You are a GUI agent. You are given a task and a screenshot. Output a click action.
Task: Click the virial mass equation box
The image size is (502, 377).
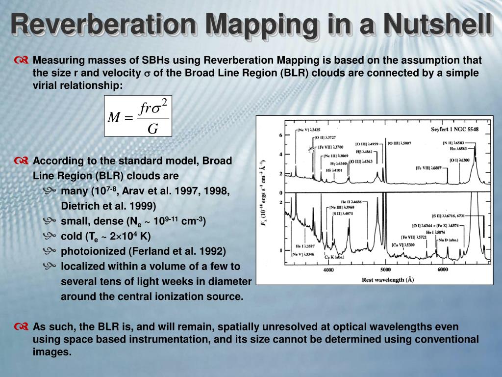[138, 116]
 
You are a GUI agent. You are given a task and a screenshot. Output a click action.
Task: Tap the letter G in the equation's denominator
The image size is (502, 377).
[153, 129]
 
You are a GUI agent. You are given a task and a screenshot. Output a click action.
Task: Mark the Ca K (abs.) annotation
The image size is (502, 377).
[333, 257]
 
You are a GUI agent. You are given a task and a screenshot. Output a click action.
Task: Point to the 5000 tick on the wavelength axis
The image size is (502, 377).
[385, 270]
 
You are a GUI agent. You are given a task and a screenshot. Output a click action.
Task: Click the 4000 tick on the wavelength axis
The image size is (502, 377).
[328, 270]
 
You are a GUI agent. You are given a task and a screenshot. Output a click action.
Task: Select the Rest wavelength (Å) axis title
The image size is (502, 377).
[388, 280]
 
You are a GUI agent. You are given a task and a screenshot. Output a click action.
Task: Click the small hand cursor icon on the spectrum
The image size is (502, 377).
[311, 149]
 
